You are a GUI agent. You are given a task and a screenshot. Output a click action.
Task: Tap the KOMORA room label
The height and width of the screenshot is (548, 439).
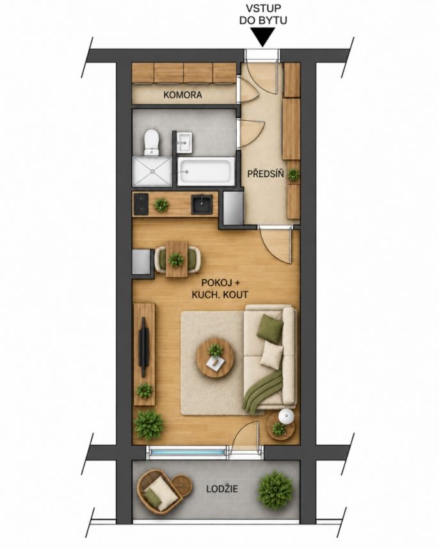pos(182,95)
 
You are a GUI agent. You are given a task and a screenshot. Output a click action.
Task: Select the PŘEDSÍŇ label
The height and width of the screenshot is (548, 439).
pos(266,174)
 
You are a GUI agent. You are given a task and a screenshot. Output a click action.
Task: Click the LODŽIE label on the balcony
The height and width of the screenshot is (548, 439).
pos(222,489)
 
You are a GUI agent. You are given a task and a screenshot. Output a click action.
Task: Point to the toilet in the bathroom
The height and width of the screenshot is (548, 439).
pos(152,142)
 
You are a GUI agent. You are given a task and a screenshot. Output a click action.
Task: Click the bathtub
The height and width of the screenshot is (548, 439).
pos(205,171)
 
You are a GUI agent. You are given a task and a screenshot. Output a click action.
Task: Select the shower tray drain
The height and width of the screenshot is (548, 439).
pos(152,171)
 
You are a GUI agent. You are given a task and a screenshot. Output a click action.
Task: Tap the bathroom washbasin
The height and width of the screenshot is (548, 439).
pos(184,142)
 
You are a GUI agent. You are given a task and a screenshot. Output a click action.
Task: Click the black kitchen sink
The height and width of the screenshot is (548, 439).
pos(202,204)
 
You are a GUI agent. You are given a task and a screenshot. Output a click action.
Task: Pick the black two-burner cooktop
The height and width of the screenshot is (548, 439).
pos(141,204)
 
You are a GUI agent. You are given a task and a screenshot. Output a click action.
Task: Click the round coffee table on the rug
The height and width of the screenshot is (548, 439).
pos(215,358)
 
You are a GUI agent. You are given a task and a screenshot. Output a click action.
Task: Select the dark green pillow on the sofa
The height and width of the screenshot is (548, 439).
pos(269,329)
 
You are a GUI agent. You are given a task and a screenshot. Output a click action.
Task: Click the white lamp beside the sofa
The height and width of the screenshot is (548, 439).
pos(287,416)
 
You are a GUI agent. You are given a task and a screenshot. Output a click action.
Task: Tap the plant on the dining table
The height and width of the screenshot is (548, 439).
pos(175,260)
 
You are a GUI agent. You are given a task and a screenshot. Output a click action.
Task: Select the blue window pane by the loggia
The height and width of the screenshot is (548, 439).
pos(186,453)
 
